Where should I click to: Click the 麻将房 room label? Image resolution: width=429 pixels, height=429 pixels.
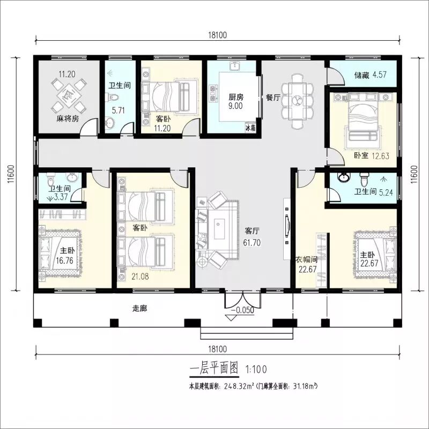(x=68, y=119)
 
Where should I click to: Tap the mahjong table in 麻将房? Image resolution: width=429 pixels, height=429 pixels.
(x=68, y=96)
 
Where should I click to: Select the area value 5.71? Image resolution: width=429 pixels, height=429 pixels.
(x=118, y=110)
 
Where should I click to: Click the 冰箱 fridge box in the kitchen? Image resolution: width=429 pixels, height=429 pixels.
(x=250, y=128)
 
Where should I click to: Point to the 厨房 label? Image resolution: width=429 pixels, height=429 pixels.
(x=236, y=97)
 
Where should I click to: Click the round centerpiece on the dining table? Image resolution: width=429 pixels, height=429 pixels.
(x=297, y=100)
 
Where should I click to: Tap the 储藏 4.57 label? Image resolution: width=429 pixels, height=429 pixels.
(x=371, y=75)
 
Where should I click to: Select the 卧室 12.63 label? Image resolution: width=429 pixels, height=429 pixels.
(x=372, y=156)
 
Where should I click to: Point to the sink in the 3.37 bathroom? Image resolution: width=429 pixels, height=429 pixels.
(x=72, y=177)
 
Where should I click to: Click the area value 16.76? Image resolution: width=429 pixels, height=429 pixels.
(x=65, y=261)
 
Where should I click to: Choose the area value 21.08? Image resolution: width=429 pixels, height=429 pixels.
(x=140, y=276)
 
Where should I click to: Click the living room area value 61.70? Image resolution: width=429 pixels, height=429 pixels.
(x=252, y=243)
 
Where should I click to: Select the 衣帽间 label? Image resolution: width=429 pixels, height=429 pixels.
(x=307, y=260)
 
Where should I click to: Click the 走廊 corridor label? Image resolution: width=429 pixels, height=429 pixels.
(x=140, y=308)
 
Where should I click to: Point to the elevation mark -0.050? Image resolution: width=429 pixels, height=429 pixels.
(x=243, y=310)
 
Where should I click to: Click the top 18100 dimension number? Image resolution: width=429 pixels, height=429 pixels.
(x=218, y=35)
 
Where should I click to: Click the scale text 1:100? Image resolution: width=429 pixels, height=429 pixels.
(x=256, y=369)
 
